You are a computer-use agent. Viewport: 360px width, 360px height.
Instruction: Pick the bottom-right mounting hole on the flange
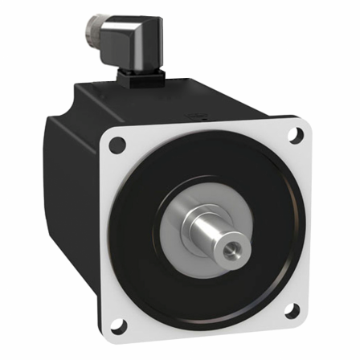(291, 311)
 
